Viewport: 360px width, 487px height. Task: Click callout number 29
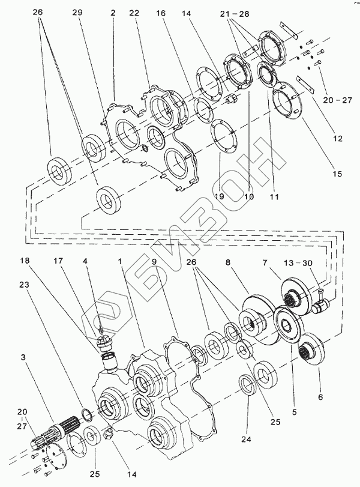point(77,13)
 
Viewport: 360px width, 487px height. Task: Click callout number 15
point(337,174)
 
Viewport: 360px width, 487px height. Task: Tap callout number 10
point(249,196)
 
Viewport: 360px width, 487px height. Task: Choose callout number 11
point(274,196)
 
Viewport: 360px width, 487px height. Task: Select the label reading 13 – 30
point(298,263)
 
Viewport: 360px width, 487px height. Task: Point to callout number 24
point(246,439)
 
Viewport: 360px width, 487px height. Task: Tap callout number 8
point(228,263)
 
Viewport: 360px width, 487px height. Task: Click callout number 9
point(154,261)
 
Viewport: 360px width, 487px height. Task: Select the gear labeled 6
point(312,349)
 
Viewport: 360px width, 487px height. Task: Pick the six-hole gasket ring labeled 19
point(223,136)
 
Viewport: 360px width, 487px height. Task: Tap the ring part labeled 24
point(248,385)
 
